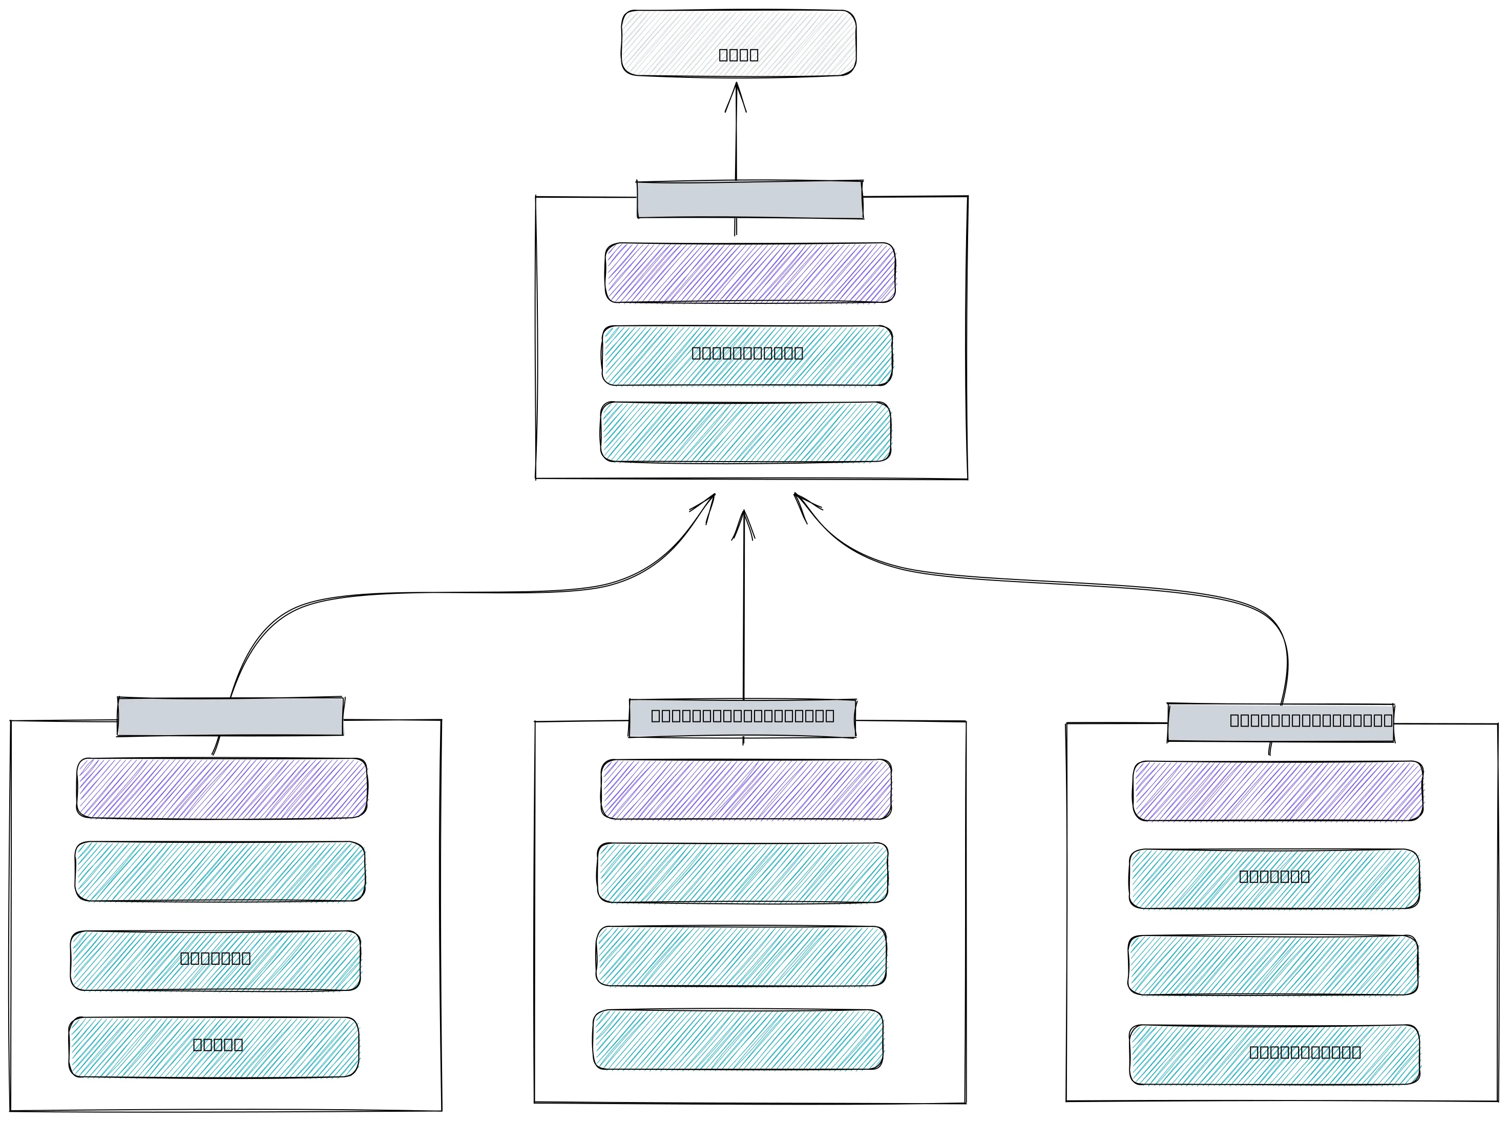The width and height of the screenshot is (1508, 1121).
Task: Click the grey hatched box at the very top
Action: pyautogui.click(x=738, y=43)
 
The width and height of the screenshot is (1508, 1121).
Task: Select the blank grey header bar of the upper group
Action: pyautogui.click(x=749, y=199)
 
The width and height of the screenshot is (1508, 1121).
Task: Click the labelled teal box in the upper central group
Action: pyautogui.click(x=747, y=356)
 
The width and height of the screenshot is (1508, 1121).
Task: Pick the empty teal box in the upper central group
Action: pyautogui.click(x=745, y=431)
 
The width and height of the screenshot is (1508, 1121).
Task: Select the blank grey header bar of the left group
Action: pyautogui.click(x=230, y=717)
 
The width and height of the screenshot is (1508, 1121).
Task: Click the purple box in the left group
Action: pyautogui.click(x=222, y=788)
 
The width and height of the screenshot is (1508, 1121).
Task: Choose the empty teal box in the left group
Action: pyautogui.click(x=220, y=871)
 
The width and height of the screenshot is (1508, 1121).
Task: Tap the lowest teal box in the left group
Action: pyautogui.click(x=214, y=1047)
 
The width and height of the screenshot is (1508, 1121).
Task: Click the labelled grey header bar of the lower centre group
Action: pyautogui.click(x=742, y=718)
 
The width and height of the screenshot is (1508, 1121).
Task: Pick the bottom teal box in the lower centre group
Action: pyautogui.click(x=738, y=1040)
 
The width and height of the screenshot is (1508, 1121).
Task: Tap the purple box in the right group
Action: pyautogui.click(x=1277, y=791)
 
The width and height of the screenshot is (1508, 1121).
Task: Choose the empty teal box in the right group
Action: pyautogui.click(x=1272, y=965)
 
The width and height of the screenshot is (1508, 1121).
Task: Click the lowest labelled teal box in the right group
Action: pyautogui.click(x=1274, y=1054)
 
